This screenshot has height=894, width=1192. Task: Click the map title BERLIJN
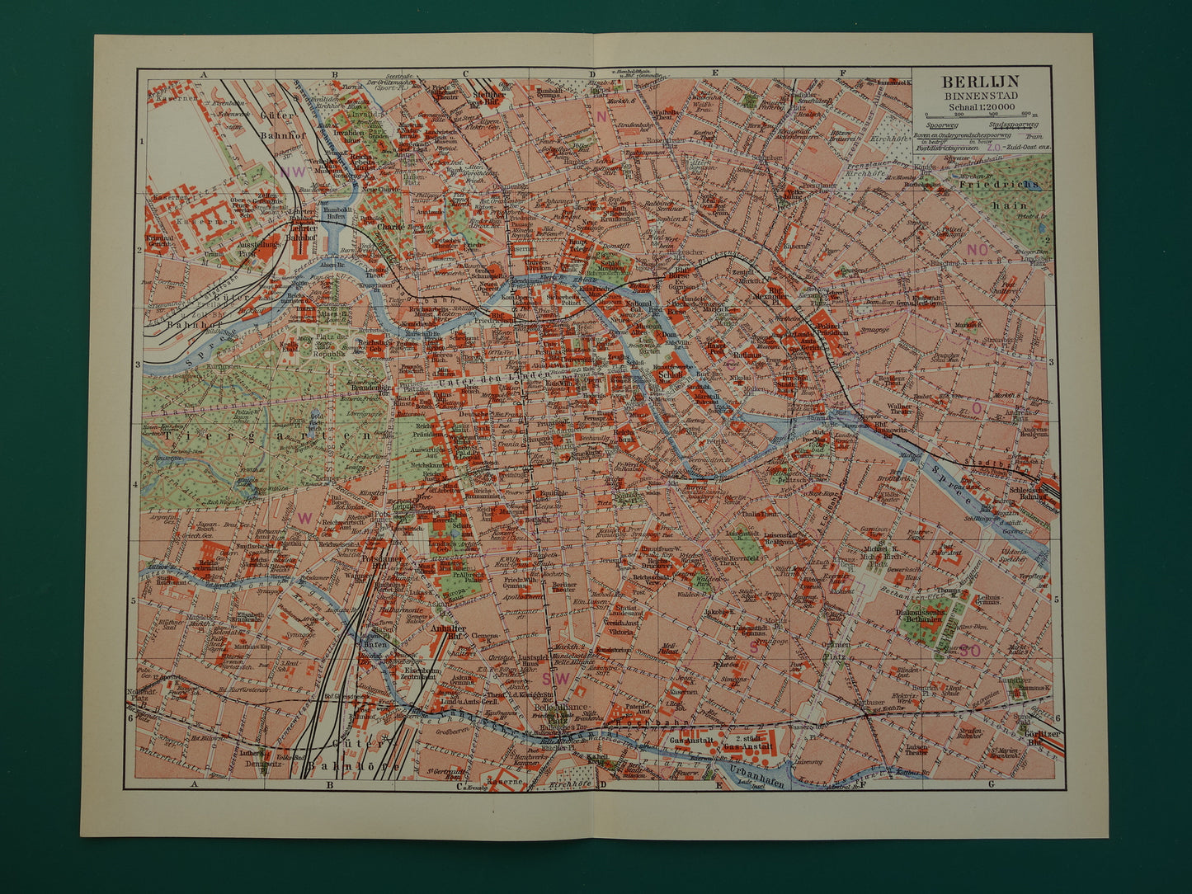[x=981, y=81]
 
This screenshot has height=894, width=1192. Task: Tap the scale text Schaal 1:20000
[x=981, y=106]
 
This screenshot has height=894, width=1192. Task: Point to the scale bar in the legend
[x=981, y=115]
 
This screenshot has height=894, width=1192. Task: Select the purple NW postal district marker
[x=292, y=172]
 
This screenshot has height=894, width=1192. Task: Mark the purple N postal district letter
[x=601, y=116]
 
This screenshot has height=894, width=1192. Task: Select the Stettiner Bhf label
[x=489, y=96]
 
